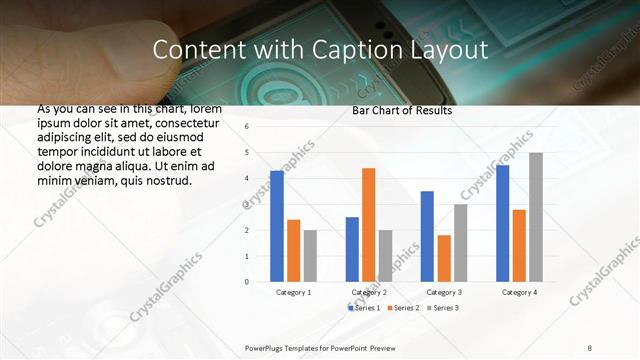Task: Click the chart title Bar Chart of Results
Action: (x=402, y=111)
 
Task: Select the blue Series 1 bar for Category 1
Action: (x=277, y=226)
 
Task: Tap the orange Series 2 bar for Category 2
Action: (x=368, y=225)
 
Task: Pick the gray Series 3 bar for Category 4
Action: (x=536, y=217)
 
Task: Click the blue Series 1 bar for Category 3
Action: (x=427, y=236)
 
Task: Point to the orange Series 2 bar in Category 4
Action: (x=519, y=245)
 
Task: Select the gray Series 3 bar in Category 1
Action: (x=310, y=255)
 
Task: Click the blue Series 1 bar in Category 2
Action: (x=352, y=249)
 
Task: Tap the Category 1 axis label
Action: (x=294, y=292)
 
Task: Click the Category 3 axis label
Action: (x=444, y=292)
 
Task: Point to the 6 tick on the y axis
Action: (x=247, y=127)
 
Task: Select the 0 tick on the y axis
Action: (x=247, y=282)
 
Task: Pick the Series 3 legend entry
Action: (x=443, y=308)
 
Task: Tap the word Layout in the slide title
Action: (x=440, y=50)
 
